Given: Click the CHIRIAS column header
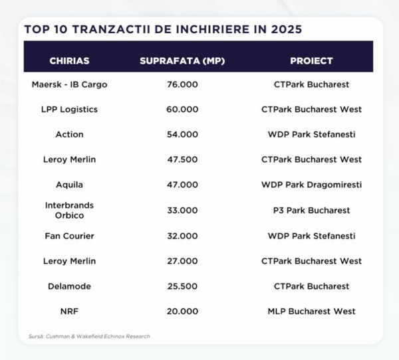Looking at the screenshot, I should coord(69,61).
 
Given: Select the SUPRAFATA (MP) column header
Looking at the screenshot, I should coord(182,61).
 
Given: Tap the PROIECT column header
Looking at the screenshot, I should coord(311,61).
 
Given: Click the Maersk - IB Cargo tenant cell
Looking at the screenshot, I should coord(69,84).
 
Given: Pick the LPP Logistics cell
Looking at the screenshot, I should coord(69,109).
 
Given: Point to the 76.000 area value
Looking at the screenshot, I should coord(182,84).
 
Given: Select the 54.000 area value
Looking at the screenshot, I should coord(182,134).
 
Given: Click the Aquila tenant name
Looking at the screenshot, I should coord(69,185).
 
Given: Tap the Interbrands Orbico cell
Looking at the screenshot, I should coord(69,210).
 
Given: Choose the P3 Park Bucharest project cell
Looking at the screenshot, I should coord(311,210).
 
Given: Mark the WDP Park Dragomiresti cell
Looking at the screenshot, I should coord(311,185).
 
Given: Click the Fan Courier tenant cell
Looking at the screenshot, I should coord(69,236).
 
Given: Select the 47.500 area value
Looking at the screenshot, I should coord(182,159).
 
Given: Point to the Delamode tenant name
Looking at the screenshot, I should coord(69,286).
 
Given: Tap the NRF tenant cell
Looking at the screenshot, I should coord(69,311).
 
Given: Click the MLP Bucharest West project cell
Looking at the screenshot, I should coord(311,311).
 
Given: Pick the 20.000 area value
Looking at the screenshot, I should coord(182,311).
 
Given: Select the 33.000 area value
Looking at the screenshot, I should coord(182,210).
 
